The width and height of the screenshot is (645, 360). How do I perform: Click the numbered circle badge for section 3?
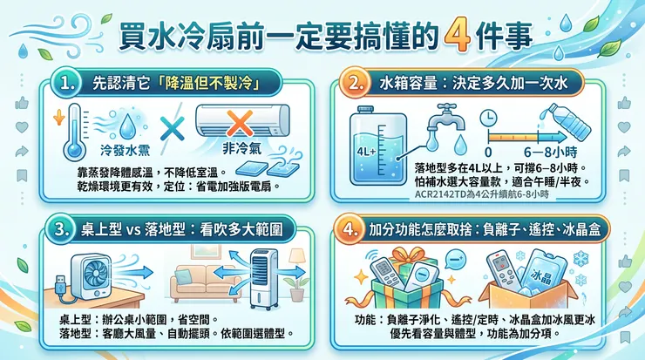point(61,228)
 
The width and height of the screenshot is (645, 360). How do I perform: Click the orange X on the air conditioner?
point(240,123)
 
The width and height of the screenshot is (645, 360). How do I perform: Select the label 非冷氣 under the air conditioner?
point(242,148)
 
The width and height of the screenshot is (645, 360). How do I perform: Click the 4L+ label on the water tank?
point(366,152)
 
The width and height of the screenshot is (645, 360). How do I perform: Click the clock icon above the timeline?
point(488,118)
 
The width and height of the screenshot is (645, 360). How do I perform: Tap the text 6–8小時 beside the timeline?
point(550,153)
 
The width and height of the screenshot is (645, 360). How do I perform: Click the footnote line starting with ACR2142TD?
point(482,194)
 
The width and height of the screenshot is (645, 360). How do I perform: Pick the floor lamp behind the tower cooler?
point(297,262)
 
